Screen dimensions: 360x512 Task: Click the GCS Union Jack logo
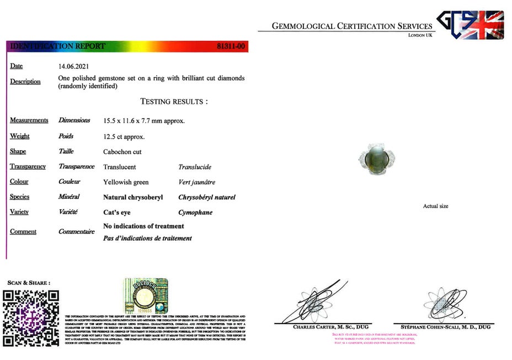pos(470,25)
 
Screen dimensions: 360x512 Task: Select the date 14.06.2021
pos(74,66)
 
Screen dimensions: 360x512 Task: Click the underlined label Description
pos(25,82)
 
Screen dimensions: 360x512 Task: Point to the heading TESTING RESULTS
pos(174,102)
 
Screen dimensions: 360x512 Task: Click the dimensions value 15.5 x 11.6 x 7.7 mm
pos(144,120)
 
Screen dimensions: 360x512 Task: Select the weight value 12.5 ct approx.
pos(124,136)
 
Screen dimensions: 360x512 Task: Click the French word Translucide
pos(195,167)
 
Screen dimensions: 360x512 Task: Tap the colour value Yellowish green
pos(126,182)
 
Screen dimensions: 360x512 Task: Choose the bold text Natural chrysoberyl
pos(133,197)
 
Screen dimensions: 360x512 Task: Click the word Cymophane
pos(195,213)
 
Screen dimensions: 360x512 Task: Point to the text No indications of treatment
pos(143,226)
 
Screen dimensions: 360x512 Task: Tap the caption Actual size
pos(435,207)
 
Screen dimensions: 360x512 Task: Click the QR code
pos(31,317)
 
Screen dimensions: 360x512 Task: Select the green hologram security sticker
pos(145,298)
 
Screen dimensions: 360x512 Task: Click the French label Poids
pos(66,136)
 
